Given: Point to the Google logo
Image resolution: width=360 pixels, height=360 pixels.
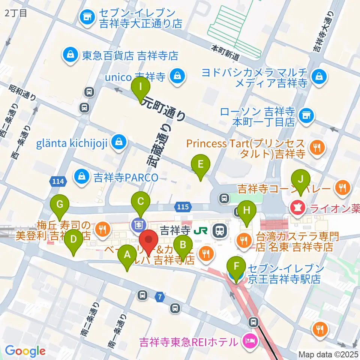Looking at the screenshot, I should [x=25, y=351].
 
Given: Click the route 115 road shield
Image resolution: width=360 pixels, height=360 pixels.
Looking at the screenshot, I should [x=183, y=206].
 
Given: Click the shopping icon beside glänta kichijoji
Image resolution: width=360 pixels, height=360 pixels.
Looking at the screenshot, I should [x=118, y=142].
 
